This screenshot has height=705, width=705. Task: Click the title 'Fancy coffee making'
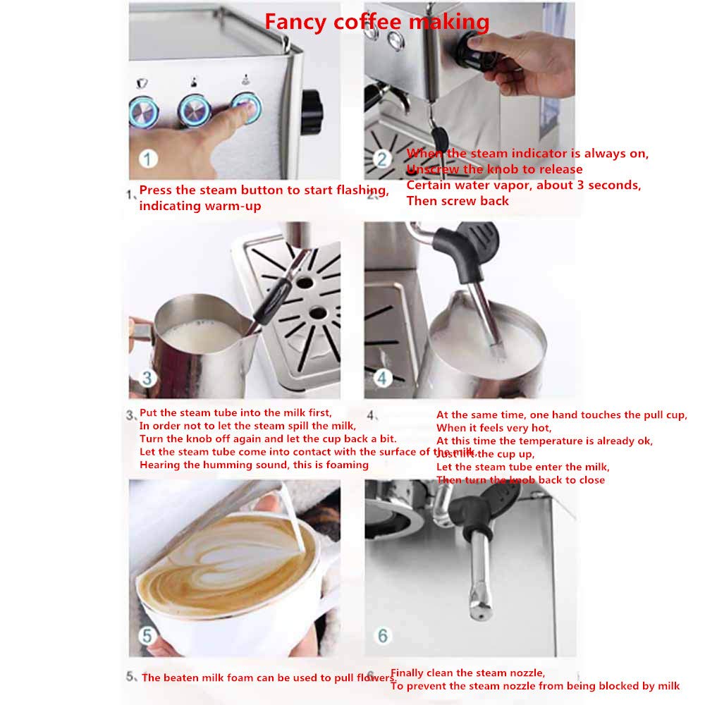[x=376, y=22]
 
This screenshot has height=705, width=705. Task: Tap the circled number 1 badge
[x=147, y=159]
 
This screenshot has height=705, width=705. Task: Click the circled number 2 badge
[x=381, y=159]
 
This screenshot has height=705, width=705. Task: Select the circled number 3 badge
[x=147, y=378]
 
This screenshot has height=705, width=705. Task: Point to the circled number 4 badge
[x=381, y=378]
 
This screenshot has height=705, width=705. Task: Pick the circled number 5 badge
[x=147, y=636]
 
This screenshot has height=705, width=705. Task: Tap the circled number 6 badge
[x=382, y=636]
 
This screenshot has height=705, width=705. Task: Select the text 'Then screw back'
[x=458, y=200]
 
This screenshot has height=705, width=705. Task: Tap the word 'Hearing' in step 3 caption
[x=159, y=465]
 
